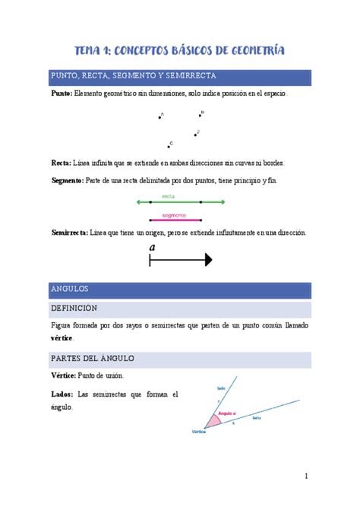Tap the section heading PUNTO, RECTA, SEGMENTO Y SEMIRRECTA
click(134, 77)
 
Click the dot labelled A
click(159, 117)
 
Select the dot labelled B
click(201, 116)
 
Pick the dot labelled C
click(169, 146)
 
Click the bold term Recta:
click(61, 163)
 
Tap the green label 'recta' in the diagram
click(179, 196)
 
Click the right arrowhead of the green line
click(223, 202)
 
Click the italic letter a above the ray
click(153, 248)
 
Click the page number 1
click(305, 477)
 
